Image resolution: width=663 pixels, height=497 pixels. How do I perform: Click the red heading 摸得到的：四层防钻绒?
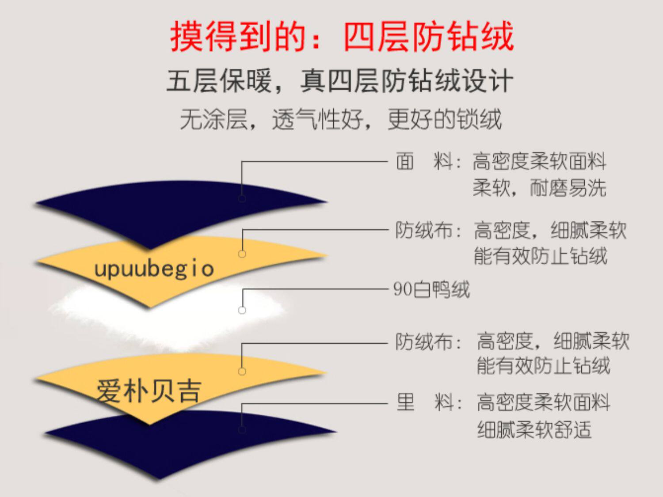click(342, 36)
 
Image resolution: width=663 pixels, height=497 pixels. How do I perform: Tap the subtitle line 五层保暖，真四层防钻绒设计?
click(339, 81)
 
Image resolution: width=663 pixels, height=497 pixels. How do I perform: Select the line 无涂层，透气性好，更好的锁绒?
click(340, 119)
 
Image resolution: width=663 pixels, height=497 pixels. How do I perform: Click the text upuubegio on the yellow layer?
click(154, 269)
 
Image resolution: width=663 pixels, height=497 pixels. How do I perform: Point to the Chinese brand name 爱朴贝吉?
click(149, 391)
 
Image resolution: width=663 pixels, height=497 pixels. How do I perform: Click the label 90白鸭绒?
click(431, 290)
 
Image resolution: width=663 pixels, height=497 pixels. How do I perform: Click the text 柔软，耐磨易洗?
click(539, 188)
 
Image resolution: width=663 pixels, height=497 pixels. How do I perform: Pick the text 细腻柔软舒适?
click(534, 429)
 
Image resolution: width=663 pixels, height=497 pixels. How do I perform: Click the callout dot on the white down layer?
click(242, 310)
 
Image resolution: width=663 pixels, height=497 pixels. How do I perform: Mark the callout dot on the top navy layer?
click(242, 198)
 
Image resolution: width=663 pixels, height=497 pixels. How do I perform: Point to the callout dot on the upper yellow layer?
click(242, 254)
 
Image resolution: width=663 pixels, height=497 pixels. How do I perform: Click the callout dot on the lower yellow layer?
click(242, 371)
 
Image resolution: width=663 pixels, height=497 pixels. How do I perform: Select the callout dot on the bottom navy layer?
click(242, 429)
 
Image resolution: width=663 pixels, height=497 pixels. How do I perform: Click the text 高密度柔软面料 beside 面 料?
click(539, 161)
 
